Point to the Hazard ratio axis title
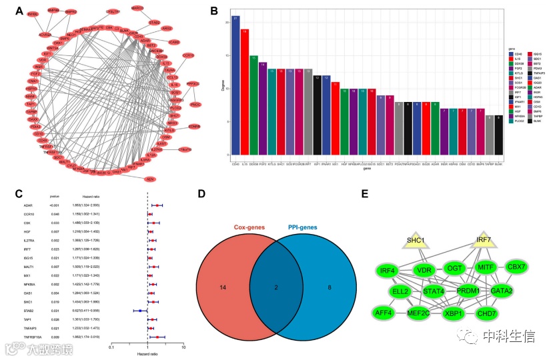(147, 353)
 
